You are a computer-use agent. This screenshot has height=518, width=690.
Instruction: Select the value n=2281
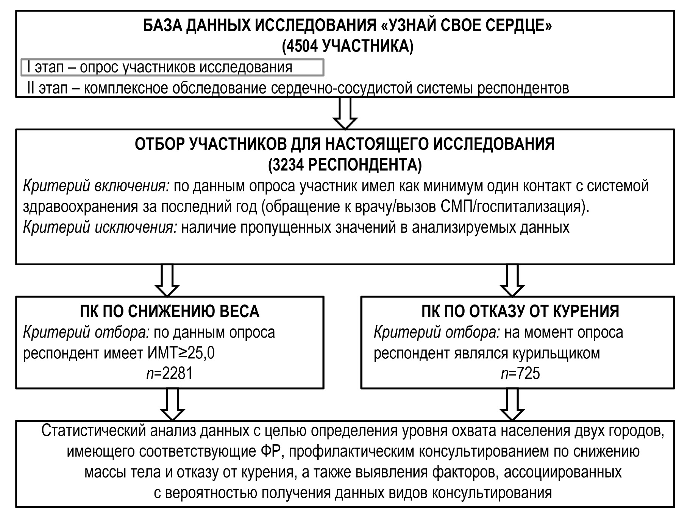tap(169, 374)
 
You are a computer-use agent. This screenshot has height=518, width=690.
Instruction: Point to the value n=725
tap(520, 374)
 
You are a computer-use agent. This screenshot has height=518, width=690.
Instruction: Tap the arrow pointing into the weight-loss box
tap(167, 281)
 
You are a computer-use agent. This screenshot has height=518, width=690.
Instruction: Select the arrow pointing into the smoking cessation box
tap(512, 281)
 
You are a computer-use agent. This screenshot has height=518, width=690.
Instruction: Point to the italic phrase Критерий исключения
tap(100, 228)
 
